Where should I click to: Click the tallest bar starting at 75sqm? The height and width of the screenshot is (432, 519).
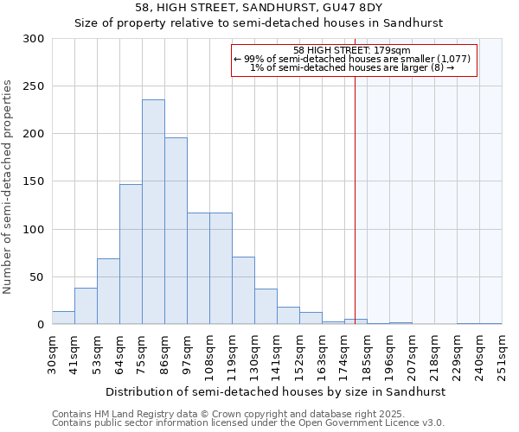(x=153, y=212)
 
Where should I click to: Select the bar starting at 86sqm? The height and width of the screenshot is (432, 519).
(x=176, y=231)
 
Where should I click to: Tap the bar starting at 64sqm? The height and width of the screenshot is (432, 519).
(x=131, y=254)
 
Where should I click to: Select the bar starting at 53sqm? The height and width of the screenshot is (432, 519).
(x=108, y=291)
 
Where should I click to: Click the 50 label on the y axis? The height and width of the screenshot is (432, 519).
(x=37, y=277)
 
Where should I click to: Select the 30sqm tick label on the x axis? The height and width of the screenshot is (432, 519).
(x=53, y=354)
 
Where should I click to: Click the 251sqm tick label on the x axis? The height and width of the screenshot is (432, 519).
(x=503, y=354)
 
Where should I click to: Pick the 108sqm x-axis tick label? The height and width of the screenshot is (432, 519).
(x=210, y=354)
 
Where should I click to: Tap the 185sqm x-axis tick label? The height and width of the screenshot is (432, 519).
(x=368, y=354)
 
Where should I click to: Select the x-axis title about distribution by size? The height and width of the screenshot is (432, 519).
(x=276, y=391)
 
